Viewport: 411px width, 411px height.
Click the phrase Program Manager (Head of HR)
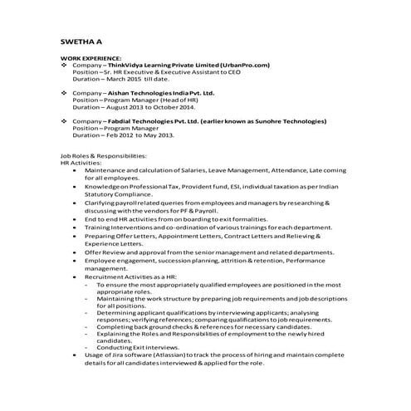click(x=146, y=100)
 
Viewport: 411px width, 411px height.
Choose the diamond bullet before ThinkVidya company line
click(x=65, y=65)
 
